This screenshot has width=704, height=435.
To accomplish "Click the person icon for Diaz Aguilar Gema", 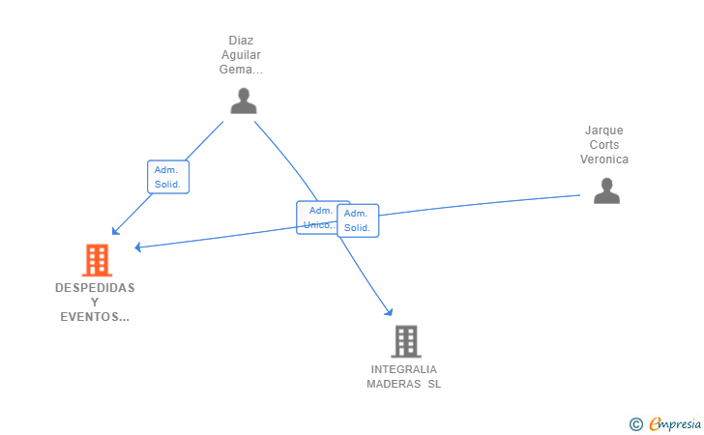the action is click(244, 101).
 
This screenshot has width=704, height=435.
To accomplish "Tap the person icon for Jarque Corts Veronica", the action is click(606, 190).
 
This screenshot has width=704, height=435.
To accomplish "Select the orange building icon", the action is click(97, 260).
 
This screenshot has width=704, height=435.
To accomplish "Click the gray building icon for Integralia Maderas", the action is click(406, 341).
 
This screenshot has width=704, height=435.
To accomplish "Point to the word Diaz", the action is click(241, 41).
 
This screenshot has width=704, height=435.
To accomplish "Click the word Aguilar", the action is click(241, 55).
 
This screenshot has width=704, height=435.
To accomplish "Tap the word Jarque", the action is click(603, 130).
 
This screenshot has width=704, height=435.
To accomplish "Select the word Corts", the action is click(603, 145).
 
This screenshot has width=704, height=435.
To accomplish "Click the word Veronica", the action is click(603, 159).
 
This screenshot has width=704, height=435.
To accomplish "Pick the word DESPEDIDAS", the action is click(95, 288).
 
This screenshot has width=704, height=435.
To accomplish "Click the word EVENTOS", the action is click(92, 317).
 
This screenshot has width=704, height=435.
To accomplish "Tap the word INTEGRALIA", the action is click(403, 369).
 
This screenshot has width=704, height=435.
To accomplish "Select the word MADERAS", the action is click(394, 385).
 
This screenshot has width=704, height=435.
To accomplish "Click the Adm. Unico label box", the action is click(317, 217).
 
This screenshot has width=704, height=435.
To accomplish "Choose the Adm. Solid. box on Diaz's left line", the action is click(168, 177).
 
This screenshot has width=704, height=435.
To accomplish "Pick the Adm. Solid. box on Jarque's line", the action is click(358, 220).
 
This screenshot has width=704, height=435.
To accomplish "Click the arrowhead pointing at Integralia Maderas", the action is click(389, 311).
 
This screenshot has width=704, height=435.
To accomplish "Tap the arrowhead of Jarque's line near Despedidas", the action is click(138, 246).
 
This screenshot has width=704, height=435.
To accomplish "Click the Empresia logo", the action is click(675, 423).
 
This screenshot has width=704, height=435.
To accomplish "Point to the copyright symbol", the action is click(636, 424).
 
